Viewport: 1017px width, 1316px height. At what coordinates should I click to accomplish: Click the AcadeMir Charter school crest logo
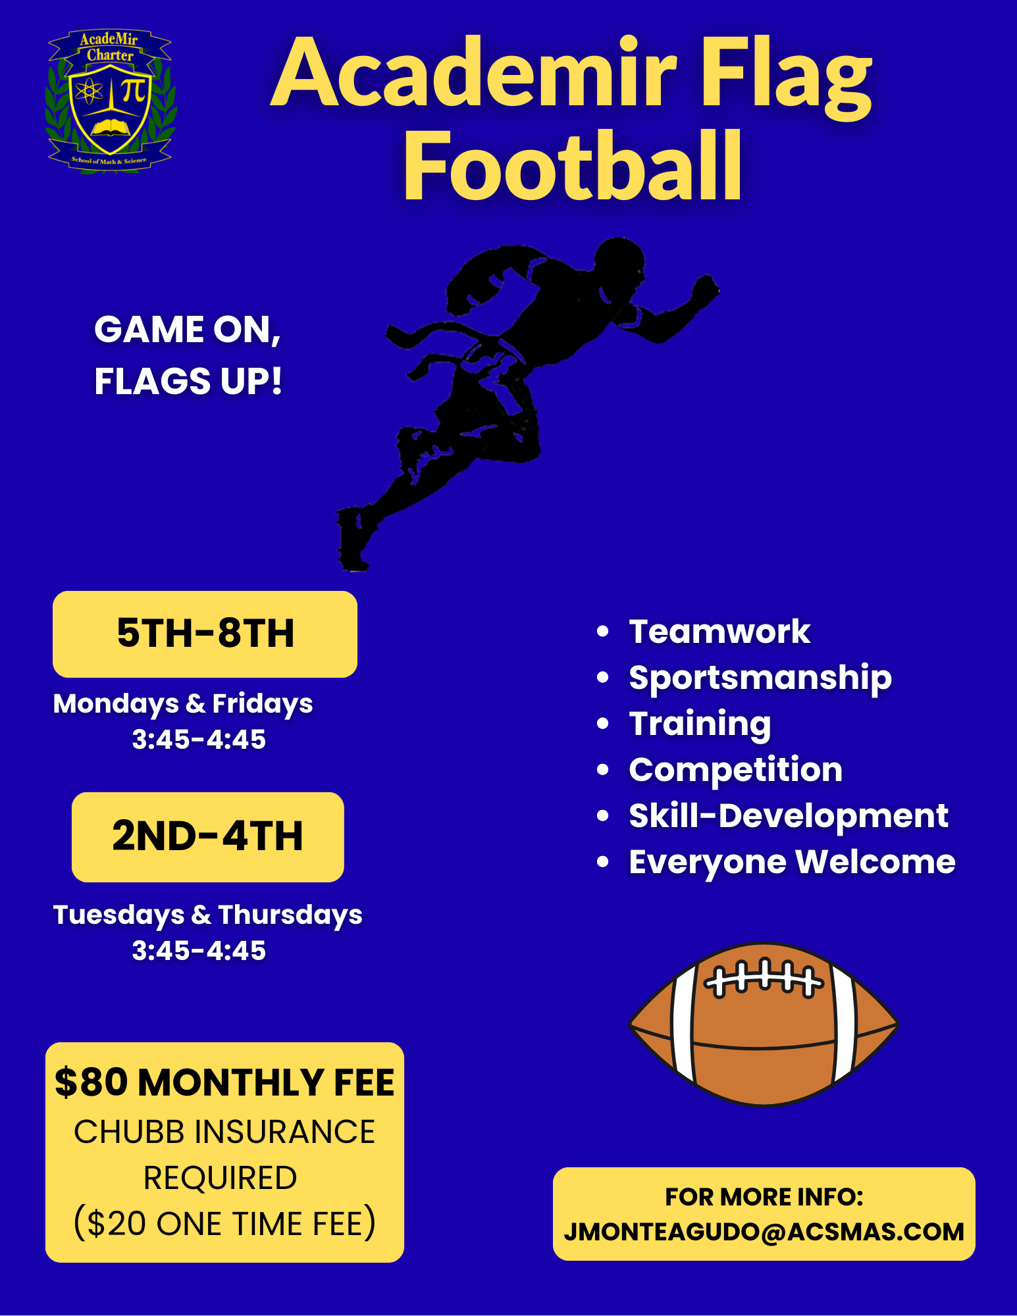point(111,101)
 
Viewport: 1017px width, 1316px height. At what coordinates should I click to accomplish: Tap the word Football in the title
point(573,166)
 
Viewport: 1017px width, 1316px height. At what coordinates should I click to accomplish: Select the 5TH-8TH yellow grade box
point(205,634)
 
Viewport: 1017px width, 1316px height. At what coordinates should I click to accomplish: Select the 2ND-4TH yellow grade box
point(207,836)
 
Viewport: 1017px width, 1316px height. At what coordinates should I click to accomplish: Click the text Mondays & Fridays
point(183,703)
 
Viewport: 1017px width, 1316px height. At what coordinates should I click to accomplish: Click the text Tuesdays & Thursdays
point(207,915)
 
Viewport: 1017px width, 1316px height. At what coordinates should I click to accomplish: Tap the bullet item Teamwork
point(719,632)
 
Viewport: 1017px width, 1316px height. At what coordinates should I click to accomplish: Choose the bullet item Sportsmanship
point(760,678)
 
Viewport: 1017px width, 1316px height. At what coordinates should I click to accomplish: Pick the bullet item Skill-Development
point(788,816)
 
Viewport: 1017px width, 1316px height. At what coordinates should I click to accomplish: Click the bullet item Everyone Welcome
point(791,862)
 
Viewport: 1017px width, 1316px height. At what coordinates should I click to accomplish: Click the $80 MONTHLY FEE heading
point(224,1082)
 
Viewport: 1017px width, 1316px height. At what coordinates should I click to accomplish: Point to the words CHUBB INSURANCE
point(224,1132)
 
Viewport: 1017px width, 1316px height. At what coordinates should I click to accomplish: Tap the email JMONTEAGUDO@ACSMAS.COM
point(764,1232)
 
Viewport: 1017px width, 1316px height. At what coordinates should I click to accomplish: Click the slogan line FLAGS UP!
point(188,382)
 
